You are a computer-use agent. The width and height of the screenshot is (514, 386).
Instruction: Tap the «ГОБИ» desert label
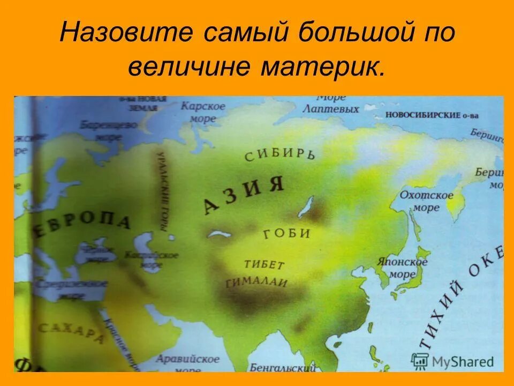pyautogui.click(x=287, y=233)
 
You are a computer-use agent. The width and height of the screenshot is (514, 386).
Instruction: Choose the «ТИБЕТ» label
pyautogui.click(x=264, y=264)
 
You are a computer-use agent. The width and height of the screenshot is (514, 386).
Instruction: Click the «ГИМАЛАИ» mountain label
pyautogui.click(x=257, y=283)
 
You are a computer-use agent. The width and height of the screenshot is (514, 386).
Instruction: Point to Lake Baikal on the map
pyautogui.click(x=307, y=206)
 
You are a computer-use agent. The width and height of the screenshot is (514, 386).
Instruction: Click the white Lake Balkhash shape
pyautogui.click(x=219, y=234)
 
